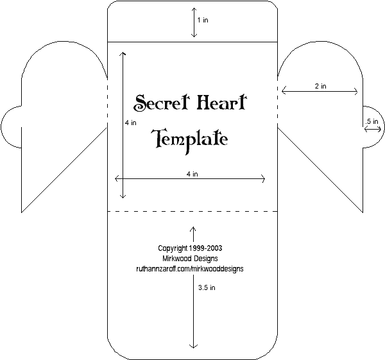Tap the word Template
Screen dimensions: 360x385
tap(190, 139)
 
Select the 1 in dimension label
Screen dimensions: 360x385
tap(203, 21)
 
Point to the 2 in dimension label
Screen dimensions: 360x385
tap(320, 85)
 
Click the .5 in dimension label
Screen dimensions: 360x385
tap(372, 121)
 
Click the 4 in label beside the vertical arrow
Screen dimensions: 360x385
tap(130, 122)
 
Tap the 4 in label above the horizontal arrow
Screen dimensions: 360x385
tap(191, 173)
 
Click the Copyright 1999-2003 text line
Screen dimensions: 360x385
tap(191, 247)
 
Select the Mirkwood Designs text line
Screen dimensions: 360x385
tap(191, 258)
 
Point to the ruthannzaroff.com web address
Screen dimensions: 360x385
tap(190, 269)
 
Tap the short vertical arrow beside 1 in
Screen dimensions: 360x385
tap(193, 24)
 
